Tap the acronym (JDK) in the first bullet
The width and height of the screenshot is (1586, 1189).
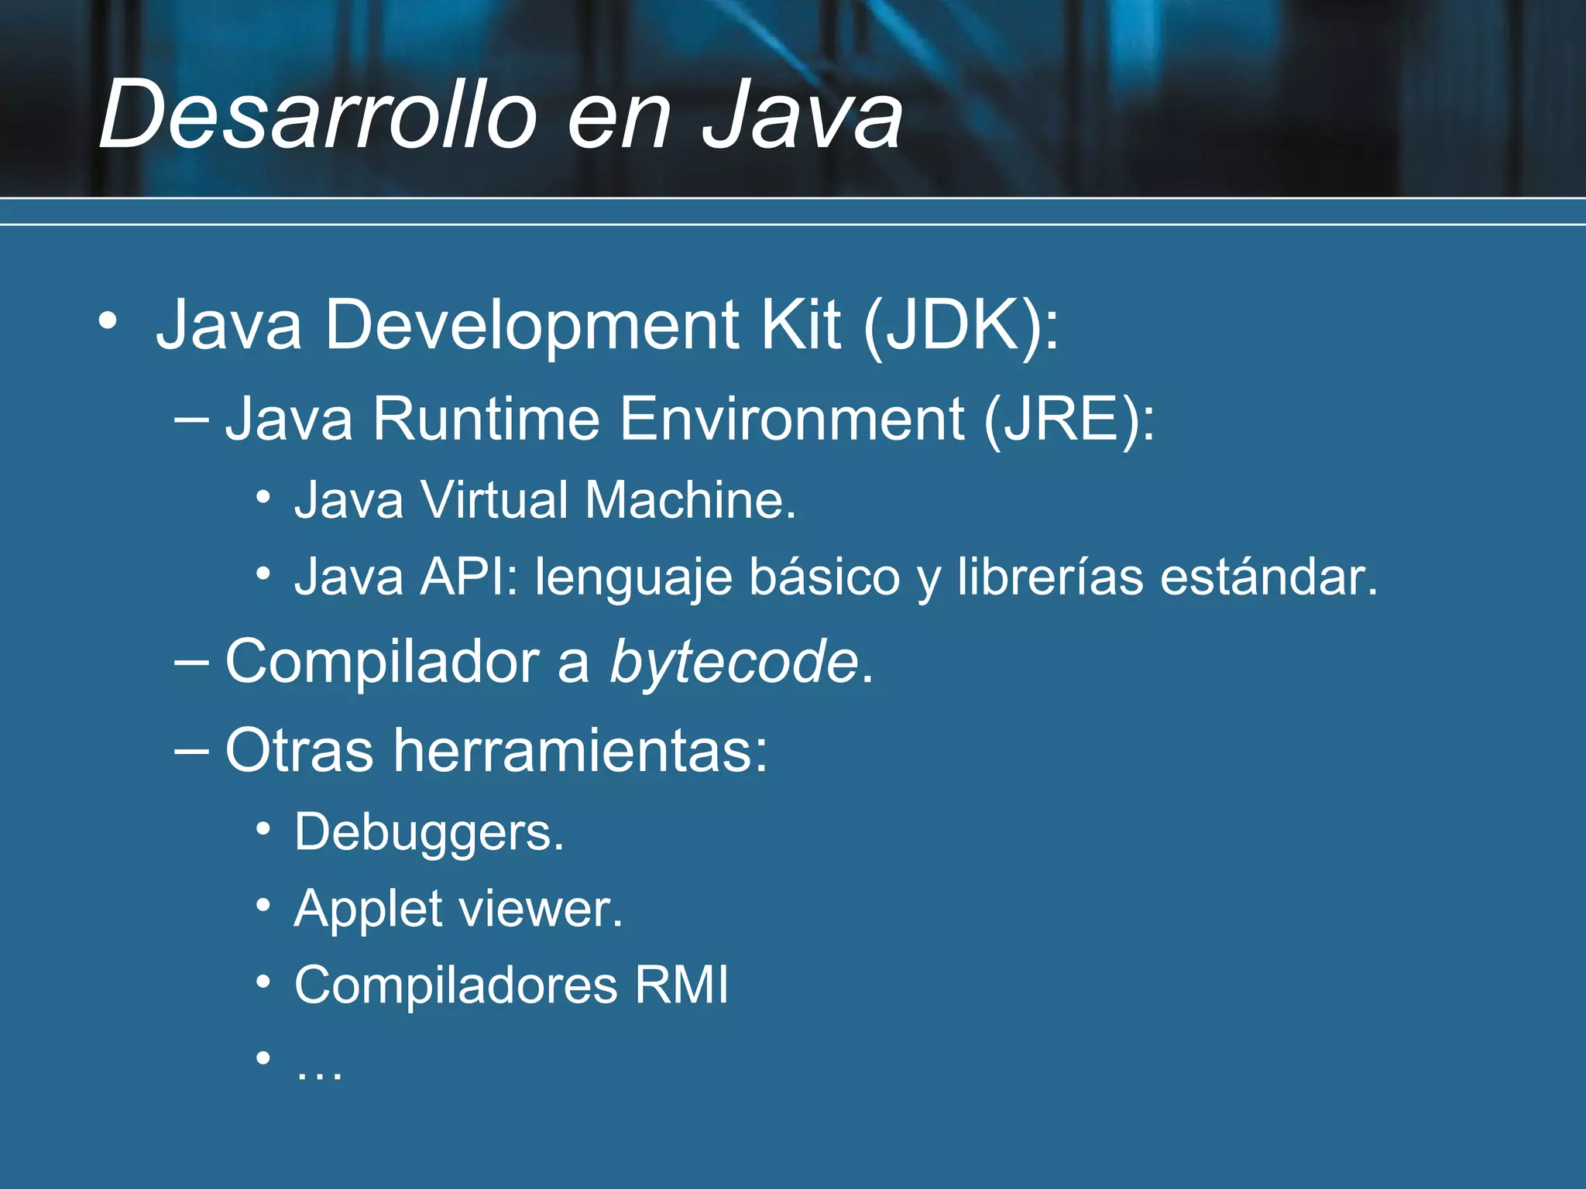point(960,325)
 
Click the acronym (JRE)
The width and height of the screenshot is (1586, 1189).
point(1069,419)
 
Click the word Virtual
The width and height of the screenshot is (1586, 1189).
point(496,500)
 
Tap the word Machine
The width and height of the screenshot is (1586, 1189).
point(690,500)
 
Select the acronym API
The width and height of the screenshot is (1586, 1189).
point(469,577)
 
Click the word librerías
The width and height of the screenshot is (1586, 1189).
point(1050,577)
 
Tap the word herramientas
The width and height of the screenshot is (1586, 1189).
point(580,750)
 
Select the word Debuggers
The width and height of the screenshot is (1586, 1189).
point(429,833)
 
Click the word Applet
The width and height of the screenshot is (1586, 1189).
point(369,910)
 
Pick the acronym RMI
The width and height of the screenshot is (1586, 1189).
point(681,985)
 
